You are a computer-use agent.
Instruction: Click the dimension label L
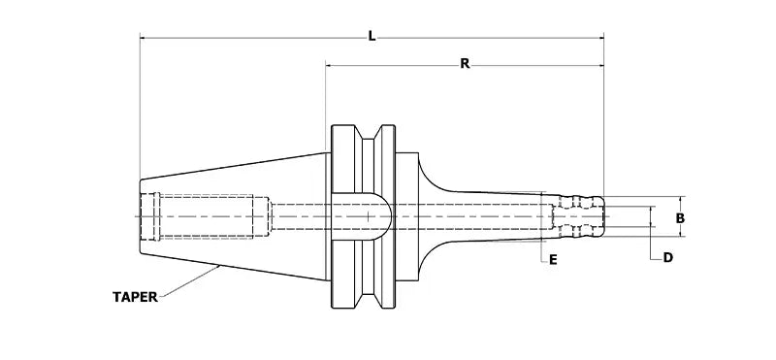click(x=372, y=35)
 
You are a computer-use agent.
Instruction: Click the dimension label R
click(x=465, y=63)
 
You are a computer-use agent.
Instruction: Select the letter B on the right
click(x=681, y=218)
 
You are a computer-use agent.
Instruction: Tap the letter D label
click(x=668, y=258)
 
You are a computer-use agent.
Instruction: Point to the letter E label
click(x=552, y=260)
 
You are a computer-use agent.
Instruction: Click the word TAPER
click(x=135, y=298)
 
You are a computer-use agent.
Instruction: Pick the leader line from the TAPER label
click(x=189, y=284)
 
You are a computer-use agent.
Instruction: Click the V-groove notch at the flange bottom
click(x=365, y=301)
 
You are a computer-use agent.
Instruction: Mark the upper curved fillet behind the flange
click(x=427, y=175)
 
